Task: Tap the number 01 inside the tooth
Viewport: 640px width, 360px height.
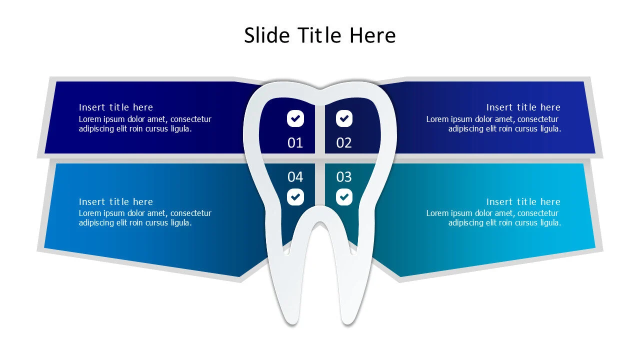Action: pos(295,143)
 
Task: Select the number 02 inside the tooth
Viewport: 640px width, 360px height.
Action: pos(344,143)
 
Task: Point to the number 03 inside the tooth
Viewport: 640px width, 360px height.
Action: pos(344,177)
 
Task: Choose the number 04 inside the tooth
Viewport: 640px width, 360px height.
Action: pos(295,177)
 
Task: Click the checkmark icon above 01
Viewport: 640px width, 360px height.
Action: pos(295,119)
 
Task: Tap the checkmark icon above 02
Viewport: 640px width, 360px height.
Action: pos(344,119)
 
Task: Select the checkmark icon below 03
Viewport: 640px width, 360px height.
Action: pos(344,197)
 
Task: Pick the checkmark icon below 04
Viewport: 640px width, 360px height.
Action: pos(295,197)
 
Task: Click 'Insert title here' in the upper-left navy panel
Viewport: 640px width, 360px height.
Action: pos(116,107)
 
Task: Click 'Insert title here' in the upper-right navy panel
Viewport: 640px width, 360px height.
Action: pos(523,107)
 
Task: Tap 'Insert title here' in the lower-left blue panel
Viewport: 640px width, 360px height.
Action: pos(116,202)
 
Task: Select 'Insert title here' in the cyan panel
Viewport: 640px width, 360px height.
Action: pos(523,202)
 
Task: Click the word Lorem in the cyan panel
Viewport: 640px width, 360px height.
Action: pos(437,213)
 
